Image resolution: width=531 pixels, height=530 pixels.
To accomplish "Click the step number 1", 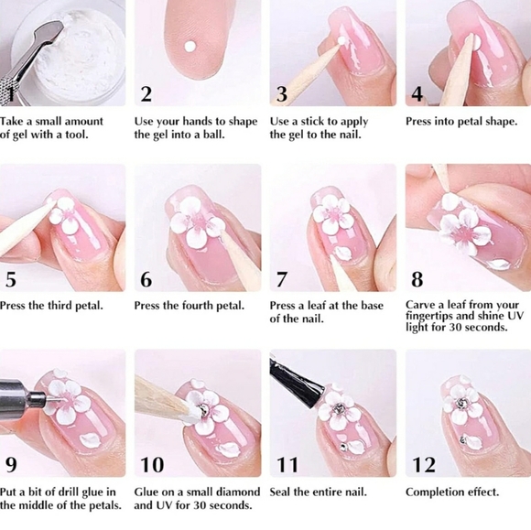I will pos(10,94).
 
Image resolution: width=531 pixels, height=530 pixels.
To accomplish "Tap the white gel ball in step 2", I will pos(190,44).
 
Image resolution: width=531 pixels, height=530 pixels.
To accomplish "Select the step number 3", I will pos(282,94).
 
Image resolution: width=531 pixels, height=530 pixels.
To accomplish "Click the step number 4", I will pos(417,94).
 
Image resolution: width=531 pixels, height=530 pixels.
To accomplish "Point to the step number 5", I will pos(11,280).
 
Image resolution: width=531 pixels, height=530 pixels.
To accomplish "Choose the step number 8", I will pos(417,280).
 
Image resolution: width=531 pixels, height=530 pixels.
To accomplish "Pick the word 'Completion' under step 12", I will pos(437,492).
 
